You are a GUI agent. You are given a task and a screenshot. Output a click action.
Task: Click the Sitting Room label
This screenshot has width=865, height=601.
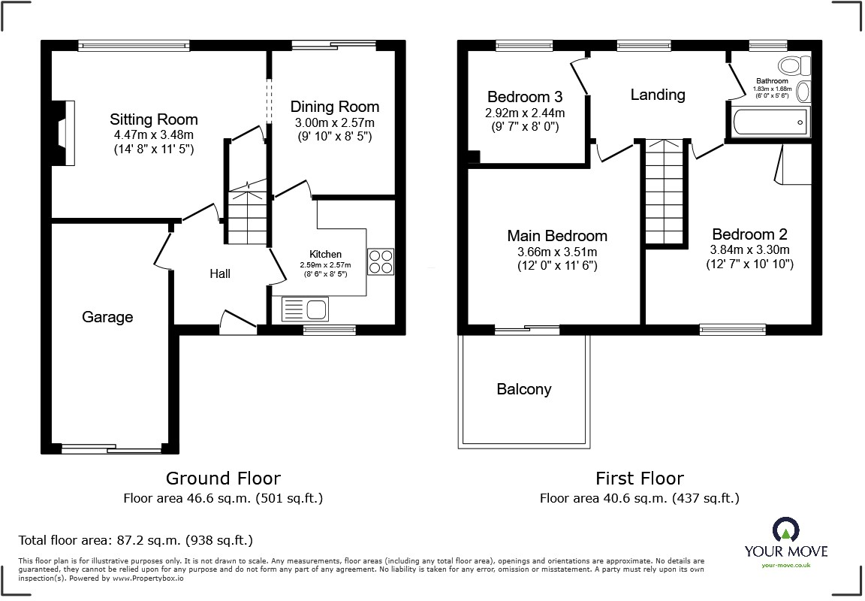click(x=154, y=119)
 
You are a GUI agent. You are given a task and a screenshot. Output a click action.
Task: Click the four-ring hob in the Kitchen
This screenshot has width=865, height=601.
click(x=381, y=261)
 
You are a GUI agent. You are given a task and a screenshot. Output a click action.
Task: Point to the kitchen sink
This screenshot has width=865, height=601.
click(x=305, y=309)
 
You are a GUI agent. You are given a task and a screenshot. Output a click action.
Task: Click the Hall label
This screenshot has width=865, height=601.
click(x=220, y=274)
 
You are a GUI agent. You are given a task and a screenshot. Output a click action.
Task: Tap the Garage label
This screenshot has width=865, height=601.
click(x=107, y=317)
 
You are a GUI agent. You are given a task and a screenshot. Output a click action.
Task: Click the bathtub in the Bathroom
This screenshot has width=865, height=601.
click(x=770, y=120)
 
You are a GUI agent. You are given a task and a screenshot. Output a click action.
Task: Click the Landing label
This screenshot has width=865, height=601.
click(x=658, y=95)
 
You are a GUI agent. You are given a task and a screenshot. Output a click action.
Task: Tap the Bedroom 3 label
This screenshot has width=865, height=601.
click(x=525, y=97)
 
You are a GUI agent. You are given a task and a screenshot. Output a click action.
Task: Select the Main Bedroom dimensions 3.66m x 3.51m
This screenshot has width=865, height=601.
click(x=557, y=252)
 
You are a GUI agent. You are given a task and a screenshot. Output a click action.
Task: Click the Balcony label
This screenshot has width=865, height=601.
click(x=524, y=389)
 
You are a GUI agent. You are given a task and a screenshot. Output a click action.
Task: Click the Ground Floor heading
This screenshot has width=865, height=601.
click(x=223, y=479)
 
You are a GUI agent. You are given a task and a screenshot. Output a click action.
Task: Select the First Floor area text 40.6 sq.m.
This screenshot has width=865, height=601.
click(x=640, y=498)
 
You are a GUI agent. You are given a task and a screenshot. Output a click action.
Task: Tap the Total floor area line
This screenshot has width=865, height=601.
click(x=136, y=540)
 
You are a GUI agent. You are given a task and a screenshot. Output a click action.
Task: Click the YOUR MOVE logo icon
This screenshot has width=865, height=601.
click(x=785, y=531)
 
